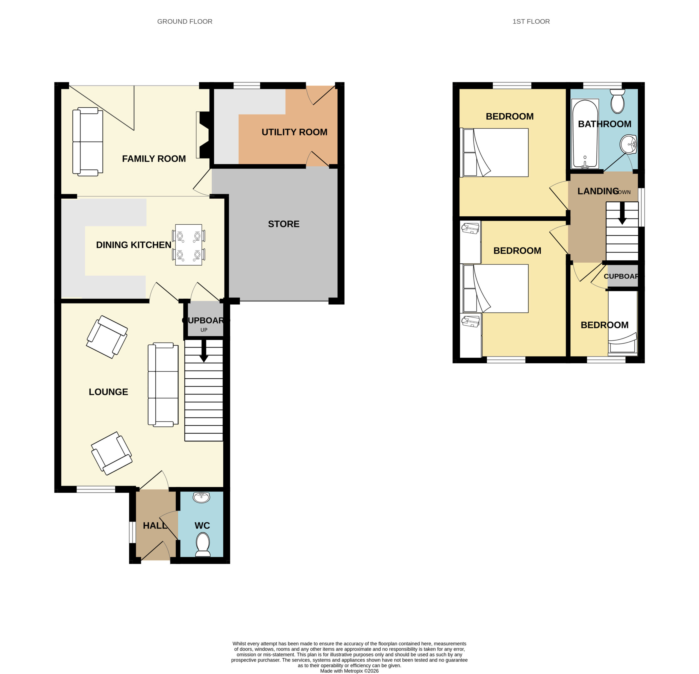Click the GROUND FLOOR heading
point(185,21)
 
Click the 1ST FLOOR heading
point(531,21)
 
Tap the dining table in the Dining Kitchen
point(189,245)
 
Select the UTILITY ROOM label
point(294,132)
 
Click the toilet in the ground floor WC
point(203,545)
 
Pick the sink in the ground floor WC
point(202,497)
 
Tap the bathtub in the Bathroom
point(585,133)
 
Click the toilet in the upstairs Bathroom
point(617,101)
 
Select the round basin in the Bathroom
point(628,145)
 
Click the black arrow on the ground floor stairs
point(204,351)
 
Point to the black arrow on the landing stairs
point(622,213)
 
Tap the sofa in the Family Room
point(88,142)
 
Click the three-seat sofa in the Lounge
point(163,385)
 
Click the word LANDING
point(598,191)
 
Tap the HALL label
point(155,526)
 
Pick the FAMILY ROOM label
point(154,159)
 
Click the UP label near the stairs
point(204,330)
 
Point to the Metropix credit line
point(349,671)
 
